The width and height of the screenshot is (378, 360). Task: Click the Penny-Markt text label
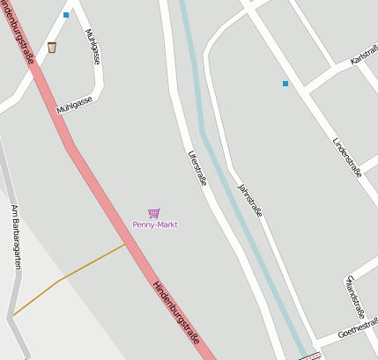click(155, 224)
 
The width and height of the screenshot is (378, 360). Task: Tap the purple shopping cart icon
click(154, 213)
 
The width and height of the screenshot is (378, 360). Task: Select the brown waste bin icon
click(52, 48)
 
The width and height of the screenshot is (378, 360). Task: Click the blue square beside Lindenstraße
click(285, 84)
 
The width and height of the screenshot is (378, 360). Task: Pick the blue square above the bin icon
click(66, 15)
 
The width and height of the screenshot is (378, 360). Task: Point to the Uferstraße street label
click(197, 167)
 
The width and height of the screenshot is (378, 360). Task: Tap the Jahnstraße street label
click(250, 199)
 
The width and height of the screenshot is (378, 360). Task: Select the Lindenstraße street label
click(347, 158)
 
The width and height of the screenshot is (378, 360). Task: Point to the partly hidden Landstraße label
click(354, 296)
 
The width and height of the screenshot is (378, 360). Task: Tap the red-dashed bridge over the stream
click(306, 356)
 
